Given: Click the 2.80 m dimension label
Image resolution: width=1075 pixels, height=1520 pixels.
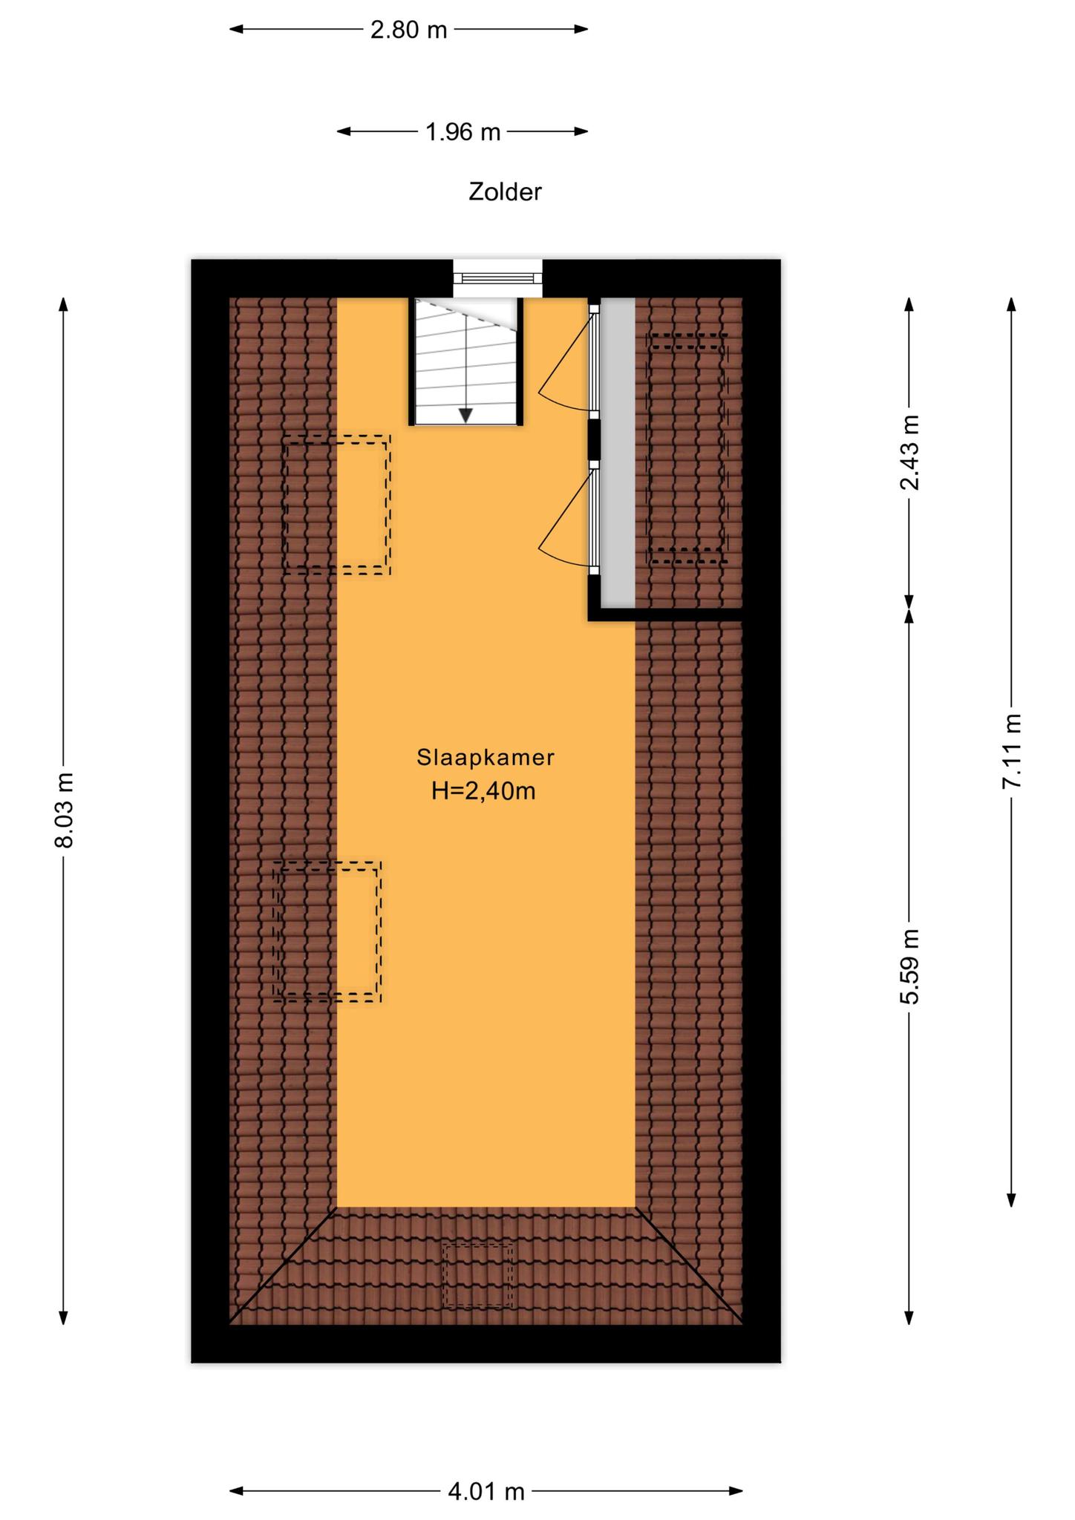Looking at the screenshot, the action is pyautogui.click(x=409, y=30).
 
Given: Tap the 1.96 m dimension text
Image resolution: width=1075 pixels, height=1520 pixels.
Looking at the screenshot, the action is pyautogui.click(x=463, y=132).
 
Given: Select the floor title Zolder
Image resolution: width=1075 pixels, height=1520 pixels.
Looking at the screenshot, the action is pyautogui.click(x=505, y=192).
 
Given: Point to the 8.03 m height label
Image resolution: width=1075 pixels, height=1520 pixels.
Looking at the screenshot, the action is pyautogui.click(x=64, y=810).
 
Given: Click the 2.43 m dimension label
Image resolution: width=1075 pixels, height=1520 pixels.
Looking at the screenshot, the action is pyautogui.click(x=909, y=453).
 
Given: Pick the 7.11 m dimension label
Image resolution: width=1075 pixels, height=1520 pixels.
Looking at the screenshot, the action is pyautogui.click(x=1012, y=751).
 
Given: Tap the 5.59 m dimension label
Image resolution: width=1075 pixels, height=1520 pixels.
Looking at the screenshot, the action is pyautogui.click(x=909, y=967).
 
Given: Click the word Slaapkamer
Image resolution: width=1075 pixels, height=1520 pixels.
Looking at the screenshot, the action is pyautogui.click(x=486, y=758).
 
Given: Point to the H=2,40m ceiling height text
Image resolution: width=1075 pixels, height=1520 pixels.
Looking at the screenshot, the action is pyautogui.click(x=484, y=791).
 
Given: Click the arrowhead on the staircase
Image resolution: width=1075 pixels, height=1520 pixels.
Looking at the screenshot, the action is pyautogui.click(x=465, y=416).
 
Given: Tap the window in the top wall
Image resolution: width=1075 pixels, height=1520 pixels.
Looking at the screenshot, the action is pyautogui.click(x=498, y=278).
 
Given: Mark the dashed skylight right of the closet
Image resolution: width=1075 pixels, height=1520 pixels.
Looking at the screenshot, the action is pyautogui.click(x=687, y=448).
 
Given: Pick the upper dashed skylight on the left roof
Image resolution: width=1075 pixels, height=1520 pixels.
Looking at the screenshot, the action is pyautogui.click(x=337, y=505).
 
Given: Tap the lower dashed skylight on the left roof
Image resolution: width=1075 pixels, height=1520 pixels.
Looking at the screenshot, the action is pyautogui.click(x=327, y=932).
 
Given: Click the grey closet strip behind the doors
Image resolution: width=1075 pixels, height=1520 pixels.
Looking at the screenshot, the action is pyautogui.click(x=618, y=452).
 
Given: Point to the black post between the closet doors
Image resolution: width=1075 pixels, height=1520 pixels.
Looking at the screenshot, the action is pyautogui.click(x=594, y=439).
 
